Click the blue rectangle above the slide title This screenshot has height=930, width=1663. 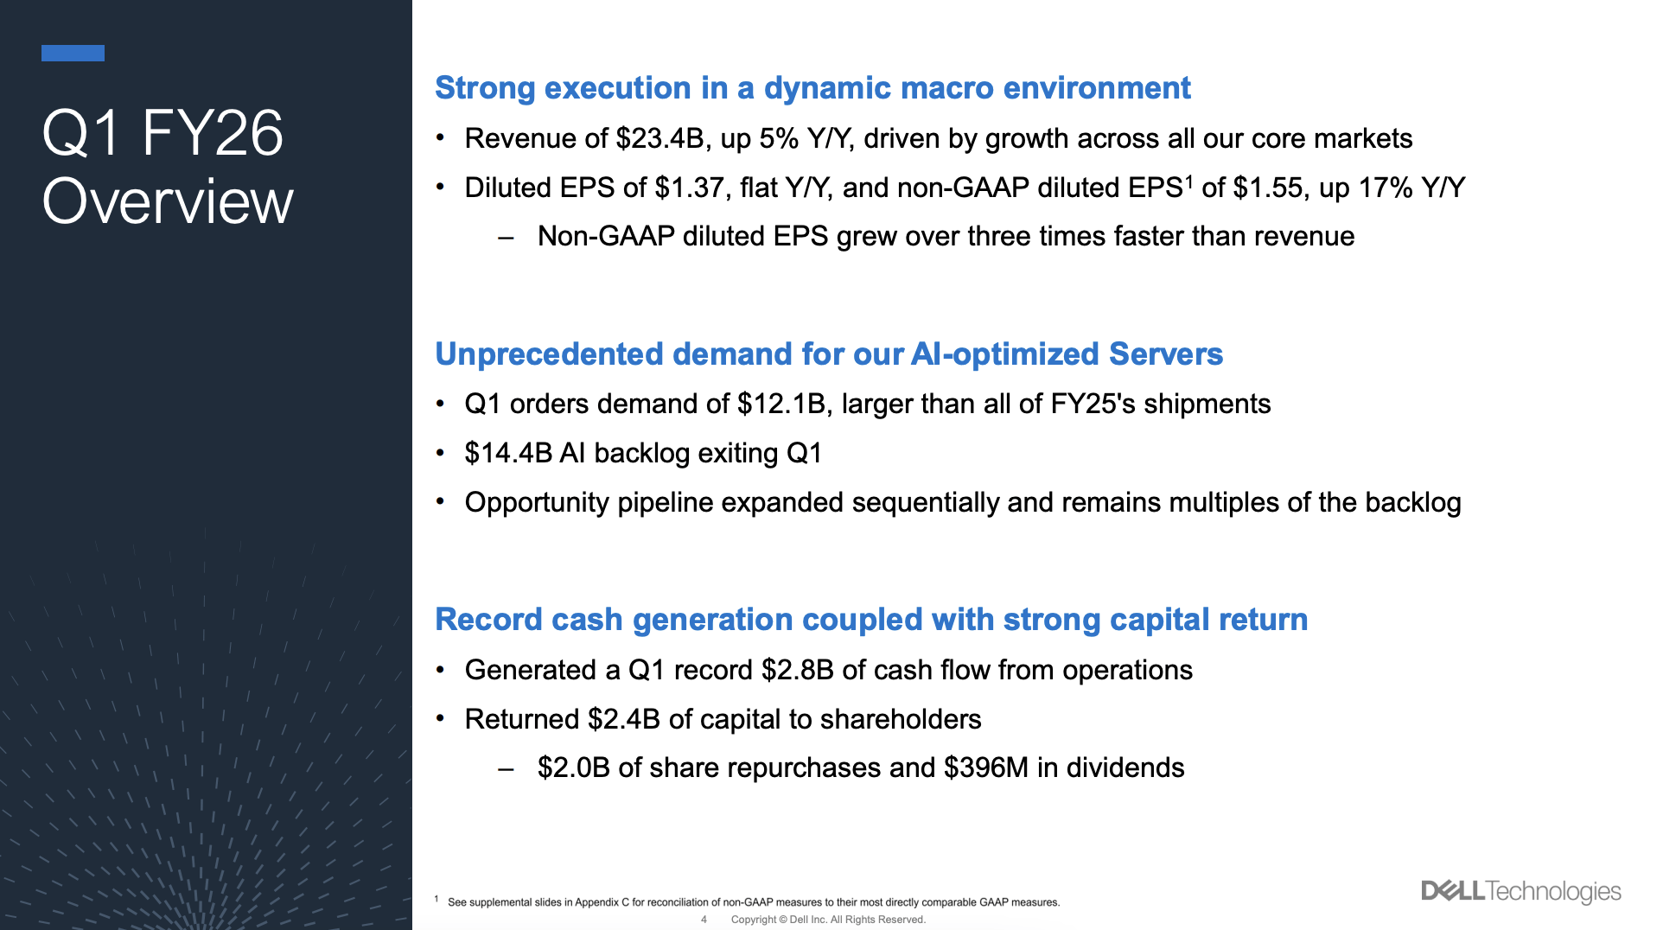73,54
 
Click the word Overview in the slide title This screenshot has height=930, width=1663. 168,201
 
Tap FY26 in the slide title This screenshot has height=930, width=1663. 212,134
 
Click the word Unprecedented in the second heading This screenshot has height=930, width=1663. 549,354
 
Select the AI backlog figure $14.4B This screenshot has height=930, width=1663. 508,454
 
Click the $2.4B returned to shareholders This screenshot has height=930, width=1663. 623,720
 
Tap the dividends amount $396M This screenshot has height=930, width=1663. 986,768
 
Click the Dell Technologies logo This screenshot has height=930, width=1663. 1520,891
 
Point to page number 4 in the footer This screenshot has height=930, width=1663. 704,920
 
